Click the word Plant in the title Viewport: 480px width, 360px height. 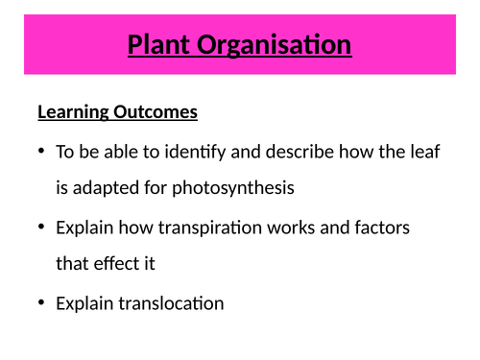click(161, 44)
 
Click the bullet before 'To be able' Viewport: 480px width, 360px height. click(41, 152)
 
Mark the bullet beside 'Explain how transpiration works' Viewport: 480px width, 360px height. click(41, 228)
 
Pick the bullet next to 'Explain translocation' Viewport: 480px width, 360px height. click(41, 303)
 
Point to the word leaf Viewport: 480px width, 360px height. click(424, 152)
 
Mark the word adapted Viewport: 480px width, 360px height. click(103, 187)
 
